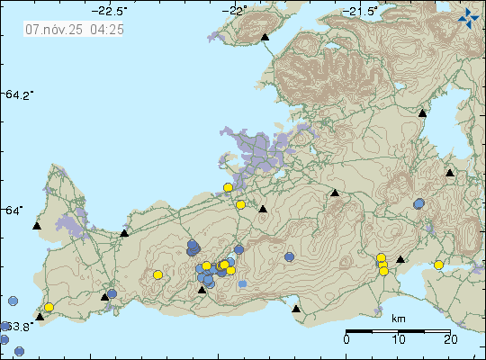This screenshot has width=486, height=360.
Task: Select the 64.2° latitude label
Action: tap(18, 94)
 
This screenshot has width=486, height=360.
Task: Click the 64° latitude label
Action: tap(14, 211)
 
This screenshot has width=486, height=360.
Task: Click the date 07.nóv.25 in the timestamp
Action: tap(56, 29)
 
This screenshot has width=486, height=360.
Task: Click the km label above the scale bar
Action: tap(398, 319)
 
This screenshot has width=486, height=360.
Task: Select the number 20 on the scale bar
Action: tap(451, 339)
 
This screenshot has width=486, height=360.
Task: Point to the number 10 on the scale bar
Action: tap(399, 339)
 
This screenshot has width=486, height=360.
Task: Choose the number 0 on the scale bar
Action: tap(347, 339)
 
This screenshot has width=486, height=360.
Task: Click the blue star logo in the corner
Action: tap(469, 16)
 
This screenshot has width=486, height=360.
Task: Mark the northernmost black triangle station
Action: tap(265, 38)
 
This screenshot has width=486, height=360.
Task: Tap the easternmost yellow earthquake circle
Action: tap(439, 265)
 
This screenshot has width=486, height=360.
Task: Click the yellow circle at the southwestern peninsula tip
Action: tap(49, 308)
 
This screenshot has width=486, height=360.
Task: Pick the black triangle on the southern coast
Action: tap(296, 309)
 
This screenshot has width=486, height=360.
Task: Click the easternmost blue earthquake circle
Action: tap(419, 204)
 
